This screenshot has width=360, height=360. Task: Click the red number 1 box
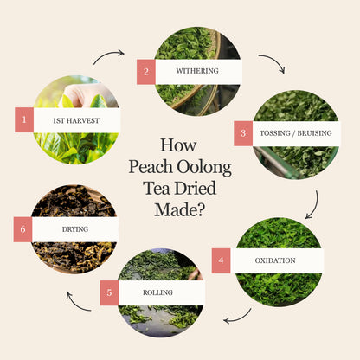(x=24, y=119)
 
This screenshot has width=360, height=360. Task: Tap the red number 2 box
(x=146, y=72)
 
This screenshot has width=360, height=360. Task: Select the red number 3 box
(x=243, y=133)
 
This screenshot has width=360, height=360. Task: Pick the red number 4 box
(x=221, y=260)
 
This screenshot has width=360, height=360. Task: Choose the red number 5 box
(x=109, y=292)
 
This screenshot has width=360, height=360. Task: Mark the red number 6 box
(x=22, y=229)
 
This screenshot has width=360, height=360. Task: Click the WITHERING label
(x=197, y=71)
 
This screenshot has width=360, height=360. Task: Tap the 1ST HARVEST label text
(x=76, y=121)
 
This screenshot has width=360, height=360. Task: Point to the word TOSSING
(x=275, y=133)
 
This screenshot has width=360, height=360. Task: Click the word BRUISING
(x=315, y=133)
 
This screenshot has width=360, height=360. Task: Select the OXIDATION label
(x=275, y=260)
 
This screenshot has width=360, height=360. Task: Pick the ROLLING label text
(x=157, y=292)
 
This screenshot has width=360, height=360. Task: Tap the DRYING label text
(x=75, y=229)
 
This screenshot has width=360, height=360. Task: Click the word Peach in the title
(x=151, y=168)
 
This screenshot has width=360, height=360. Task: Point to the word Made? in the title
(x=180, y=209)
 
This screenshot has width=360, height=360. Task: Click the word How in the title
(x=178, y=145)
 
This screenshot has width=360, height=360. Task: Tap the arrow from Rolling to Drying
(x=76, y=305)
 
